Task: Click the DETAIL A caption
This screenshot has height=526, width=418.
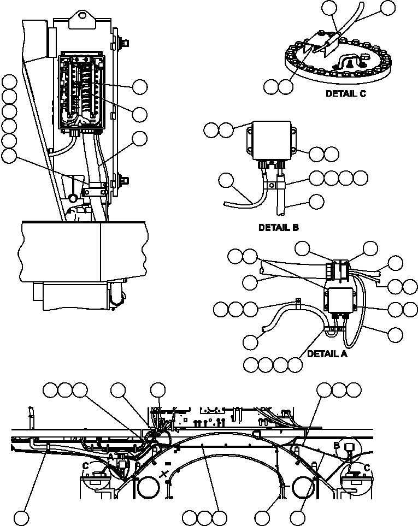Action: pyautogui.click(x=327, y=353)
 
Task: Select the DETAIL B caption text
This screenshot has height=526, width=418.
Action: pyautogui.click(x=279, y=227)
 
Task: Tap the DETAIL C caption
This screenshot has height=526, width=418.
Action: pyautogui.click(x=345, y=93)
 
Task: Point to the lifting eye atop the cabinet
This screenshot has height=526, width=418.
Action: pyautogui.click(x=83, y=16)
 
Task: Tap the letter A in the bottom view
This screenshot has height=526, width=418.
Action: pyautogui.click(x=110, y=456)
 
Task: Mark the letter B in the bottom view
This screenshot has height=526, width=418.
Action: pyautogui.click(x=338, y=445)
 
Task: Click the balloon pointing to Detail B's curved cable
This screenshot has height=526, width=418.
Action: pyautogui.click(x=226, y=180)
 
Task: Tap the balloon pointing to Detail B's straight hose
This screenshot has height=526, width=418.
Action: pyautogui.click(x=316, y=201)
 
